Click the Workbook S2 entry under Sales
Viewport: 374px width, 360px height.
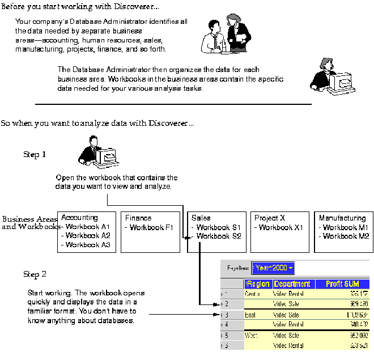coord(219,236)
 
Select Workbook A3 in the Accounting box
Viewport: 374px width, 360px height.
coord(87,245)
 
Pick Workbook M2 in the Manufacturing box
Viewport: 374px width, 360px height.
coord(346,236)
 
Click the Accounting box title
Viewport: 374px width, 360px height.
coord(79,218)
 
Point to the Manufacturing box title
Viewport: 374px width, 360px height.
coord(342,218)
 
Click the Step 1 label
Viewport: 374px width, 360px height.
coord(35,154)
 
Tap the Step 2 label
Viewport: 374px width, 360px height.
coord(35,274)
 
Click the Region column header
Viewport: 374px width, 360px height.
coord(258,284)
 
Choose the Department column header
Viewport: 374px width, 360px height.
coord(292,284)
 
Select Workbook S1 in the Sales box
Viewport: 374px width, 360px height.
coord(219,227)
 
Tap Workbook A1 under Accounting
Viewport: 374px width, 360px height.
coord(87,227)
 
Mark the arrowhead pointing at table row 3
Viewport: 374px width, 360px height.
coord(216,314)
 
